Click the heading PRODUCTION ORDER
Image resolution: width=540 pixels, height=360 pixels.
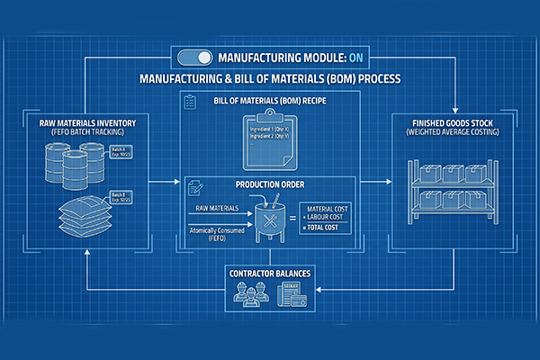pyautogui.click(x=270, y=186)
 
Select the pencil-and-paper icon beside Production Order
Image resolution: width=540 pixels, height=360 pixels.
pyautogui.click(x=194, y=187)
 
